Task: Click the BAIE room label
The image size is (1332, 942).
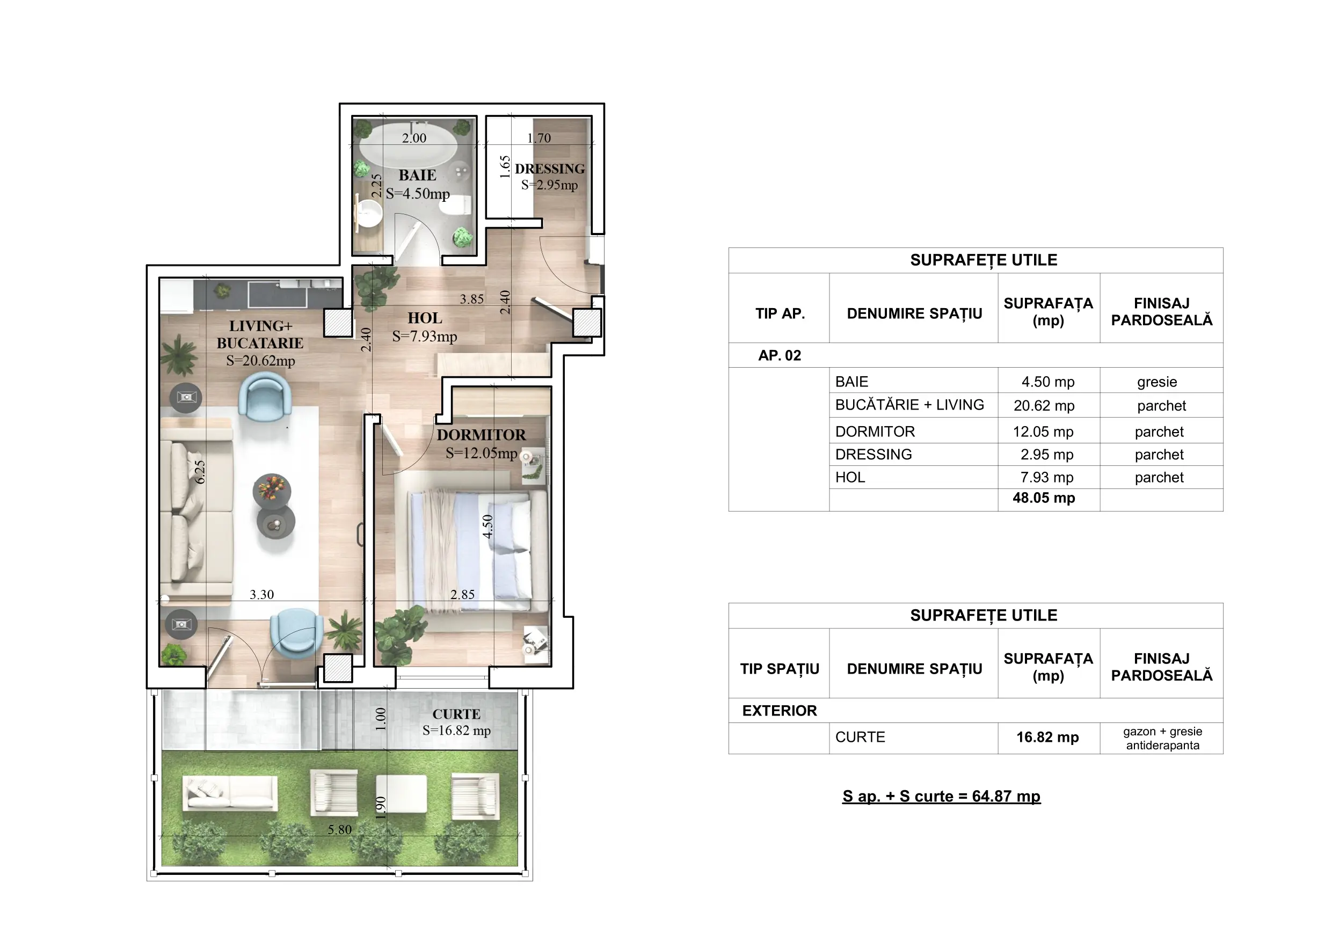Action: tap(417, 175)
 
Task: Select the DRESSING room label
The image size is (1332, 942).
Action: tap(549, 169)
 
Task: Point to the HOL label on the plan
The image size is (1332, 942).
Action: tap(425, 318)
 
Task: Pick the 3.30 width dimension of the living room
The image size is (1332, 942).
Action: tap(261, 595)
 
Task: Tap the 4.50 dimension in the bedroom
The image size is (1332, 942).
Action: tap(488, 527)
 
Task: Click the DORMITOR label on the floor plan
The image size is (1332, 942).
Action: tap(482, 435)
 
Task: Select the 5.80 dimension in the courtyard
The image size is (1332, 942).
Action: tap(340, 829)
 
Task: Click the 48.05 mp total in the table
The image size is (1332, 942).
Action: tap(1044, 498)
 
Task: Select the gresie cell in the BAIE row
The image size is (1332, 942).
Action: tap(1157, 382)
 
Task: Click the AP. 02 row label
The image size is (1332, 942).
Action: tap(779, 355)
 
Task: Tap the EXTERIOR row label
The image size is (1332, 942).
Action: tap(779, 711)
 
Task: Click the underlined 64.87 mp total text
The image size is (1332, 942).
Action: tap(942, 797)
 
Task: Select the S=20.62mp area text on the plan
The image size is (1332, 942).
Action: tap(260, 361)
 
